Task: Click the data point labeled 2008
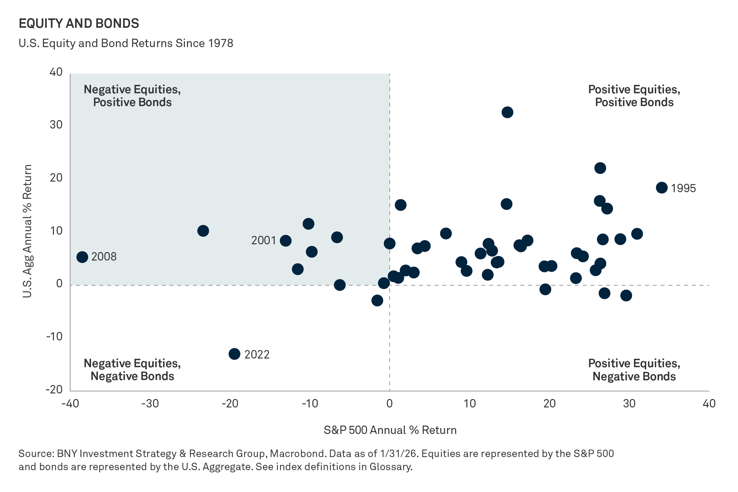[x=82, y=257]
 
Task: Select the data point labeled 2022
[x=234, y=354]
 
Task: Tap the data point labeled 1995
[x=662, y=188]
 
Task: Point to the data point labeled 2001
[x=285, y=241]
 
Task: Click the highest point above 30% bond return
[x=507, y=112]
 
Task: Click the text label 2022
[x=257, y=354]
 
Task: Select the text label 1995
[x=683, y=188]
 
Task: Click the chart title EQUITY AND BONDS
[x=79, y=23]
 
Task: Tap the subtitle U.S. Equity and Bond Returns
[x=126, y=43]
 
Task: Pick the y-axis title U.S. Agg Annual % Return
[x=27, y=231]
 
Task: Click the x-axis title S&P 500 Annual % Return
[x=390, y=430]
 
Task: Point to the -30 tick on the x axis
[x=150, y=403]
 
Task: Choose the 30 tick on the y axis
[x=56, y=125]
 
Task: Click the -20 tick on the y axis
[x=54, y=389]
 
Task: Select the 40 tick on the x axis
[x=709, y=403]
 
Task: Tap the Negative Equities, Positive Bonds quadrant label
[x=132, y=96]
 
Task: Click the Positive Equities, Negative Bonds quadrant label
[x=634, y=370]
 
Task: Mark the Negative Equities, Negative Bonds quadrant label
[x=132, y=370]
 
